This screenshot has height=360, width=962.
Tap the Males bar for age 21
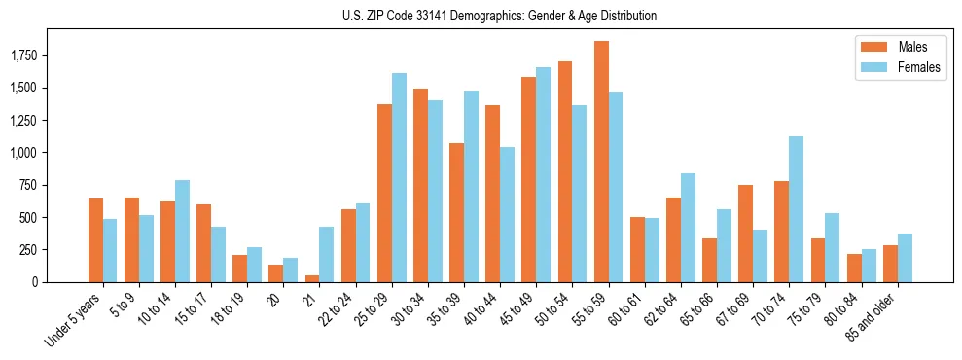click(x=312, y=278)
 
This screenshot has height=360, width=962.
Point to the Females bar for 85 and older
click(x=905, y=258)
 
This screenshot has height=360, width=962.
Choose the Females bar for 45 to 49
click(x=544, y=174)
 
